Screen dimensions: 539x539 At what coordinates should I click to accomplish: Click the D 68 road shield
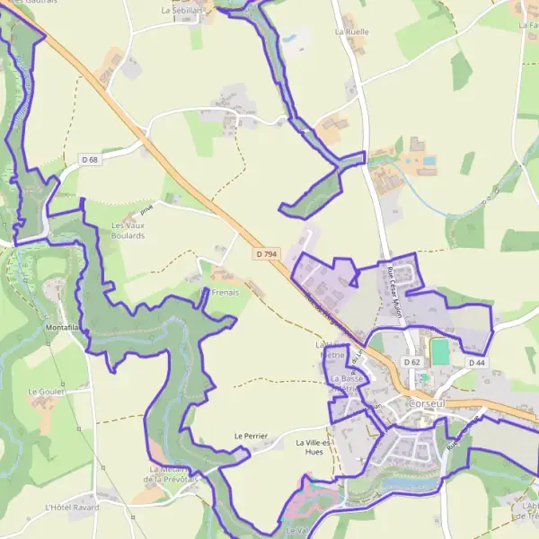coord(89,160)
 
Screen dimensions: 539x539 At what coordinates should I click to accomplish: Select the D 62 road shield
coord(412,362)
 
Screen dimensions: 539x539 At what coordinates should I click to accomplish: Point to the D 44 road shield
coord(476,362)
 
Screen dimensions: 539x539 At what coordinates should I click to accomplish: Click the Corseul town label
coord(427,404)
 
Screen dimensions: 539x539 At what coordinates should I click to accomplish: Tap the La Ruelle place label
coord(351,31)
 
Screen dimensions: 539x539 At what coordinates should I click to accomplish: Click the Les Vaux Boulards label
coord(128,230)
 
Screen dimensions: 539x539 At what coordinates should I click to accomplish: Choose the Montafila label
coord(63,328)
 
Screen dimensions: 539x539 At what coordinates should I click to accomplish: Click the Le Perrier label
coord(251,436)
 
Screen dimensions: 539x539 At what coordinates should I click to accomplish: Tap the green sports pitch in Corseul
coord(439,351)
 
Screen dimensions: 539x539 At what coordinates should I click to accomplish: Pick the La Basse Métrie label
coord(347,384)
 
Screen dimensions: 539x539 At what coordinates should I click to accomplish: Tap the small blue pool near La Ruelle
coord(290,40)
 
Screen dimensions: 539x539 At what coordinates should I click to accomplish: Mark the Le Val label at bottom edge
coord(296,532)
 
